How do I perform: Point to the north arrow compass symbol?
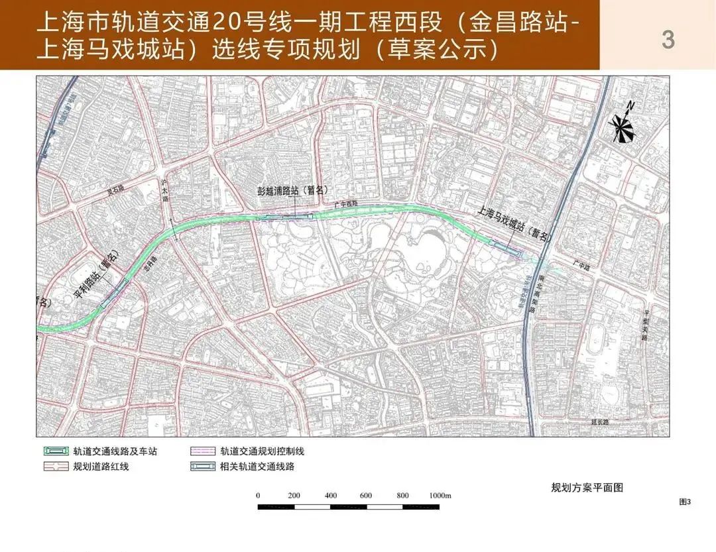[623, 123]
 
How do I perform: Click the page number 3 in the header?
[668, 40]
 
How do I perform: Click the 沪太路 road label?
[166, 192]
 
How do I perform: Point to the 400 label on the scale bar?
[331, 496]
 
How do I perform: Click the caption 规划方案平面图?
[587, 488]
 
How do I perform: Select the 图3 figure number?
[685, 502]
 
